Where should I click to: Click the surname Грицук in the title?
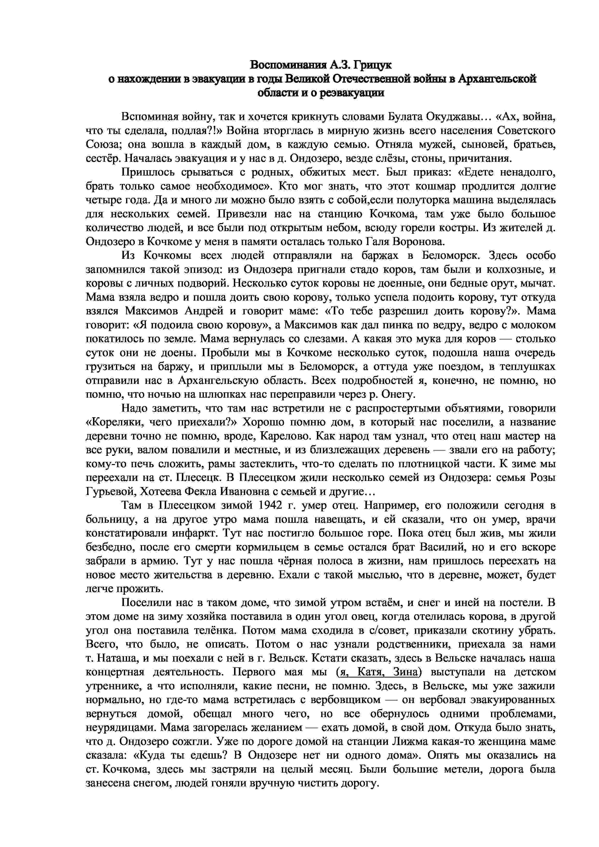point(372,65)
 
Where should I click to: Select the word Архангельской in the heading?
point(497,79)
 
